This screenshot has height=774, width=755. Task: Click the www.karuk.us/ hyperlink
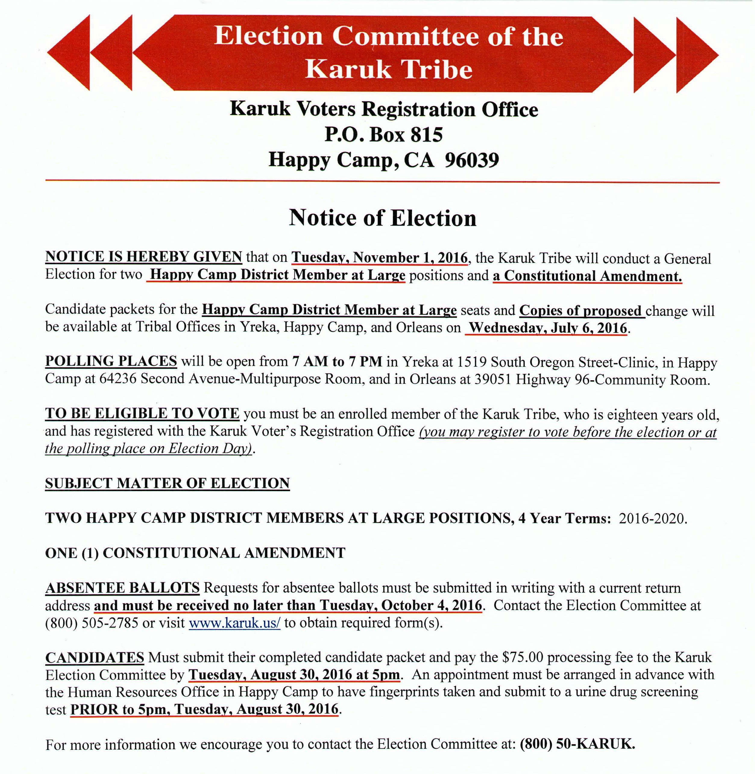[x=234, y=623]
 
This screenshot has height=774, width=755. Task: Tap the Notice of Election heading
[x=382, y=218]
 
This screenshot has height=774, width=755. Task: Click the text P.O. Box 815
[x=383, y=134]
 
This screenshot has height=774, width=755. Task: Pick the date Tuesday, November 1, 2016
[x=379, y=258]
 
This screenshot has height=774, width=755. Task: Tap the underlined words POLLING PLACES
[x=111, y=361]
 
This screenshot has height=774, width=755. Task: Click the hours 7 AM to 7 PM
[x=337, y=362]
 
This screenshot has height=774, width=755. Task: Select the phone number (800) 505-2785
[x=92, y=623]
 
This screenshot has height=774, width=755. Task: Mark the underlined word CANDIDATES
[x=94, y=657]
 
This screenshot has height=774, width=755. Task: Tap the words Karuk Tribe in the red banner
[x=389, y=69]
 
